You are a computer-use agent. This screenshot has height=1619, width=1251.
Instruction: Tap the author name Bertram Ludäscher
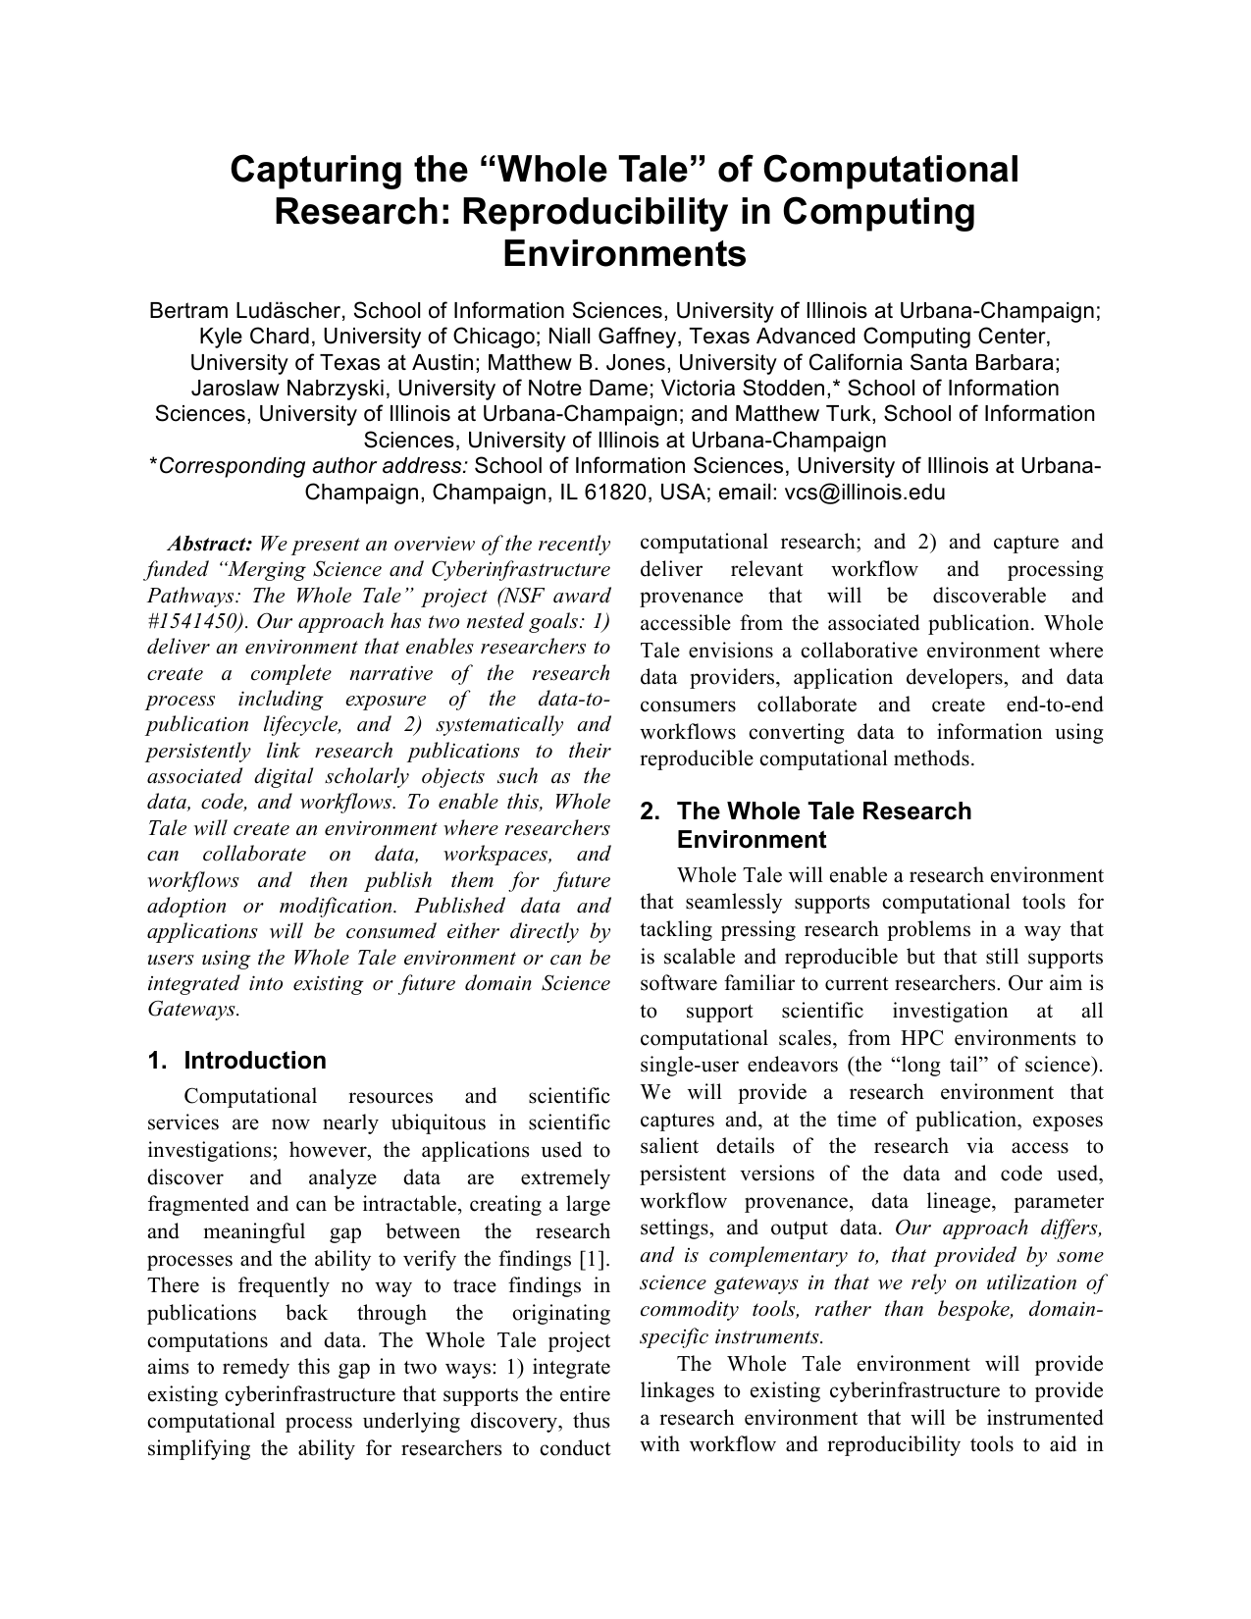(244, 311)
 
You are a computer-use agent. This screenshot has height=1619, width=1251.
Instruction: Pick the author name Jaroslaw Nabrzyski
(289, 389)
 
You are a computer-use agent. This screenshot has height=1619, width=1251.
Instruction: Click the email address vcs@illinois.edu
(864, 493)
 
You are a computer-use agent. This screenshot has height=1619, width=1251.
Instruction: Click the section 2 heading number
(649, 811)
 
